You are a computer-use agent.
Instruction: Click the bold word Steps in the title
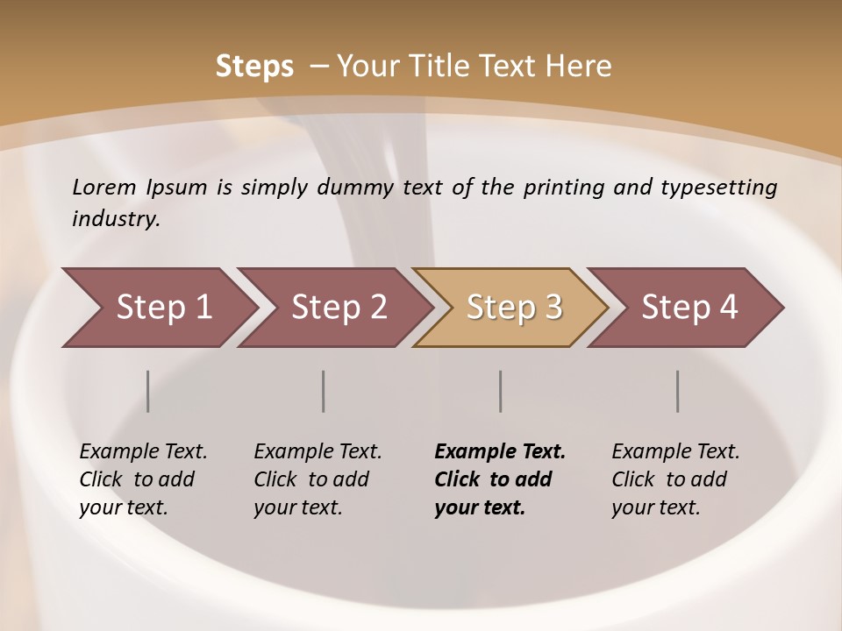[254, 67]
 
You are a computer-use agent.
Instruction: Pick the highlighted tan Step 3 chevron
[513, 308]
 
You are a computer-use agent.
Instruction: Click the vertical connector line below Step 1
[148, 391]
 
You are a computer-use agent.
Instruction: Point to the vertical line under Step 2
[324, 391]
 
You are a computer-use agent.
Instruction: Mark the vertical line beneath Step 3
[501, 391]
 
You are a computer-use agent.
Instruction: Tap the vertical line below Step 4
[678, 391]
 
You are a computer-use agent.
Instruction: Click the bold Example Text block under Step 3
[500, 479]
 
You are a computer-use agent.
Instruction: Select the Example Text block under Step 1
[143, 479]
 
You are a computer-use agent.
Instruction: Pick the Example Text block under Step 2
[318, 479]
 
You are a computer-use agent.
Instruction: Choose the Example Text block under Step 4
[675, 479]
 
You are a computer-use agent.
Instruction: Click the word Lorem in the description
[104, 188]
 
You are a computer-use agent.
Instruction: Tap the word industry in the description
[116, 218]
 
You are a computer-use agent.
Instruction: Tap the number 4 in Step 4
[728, 308]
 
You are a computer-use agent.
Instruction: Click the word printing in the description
[561, 188]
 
